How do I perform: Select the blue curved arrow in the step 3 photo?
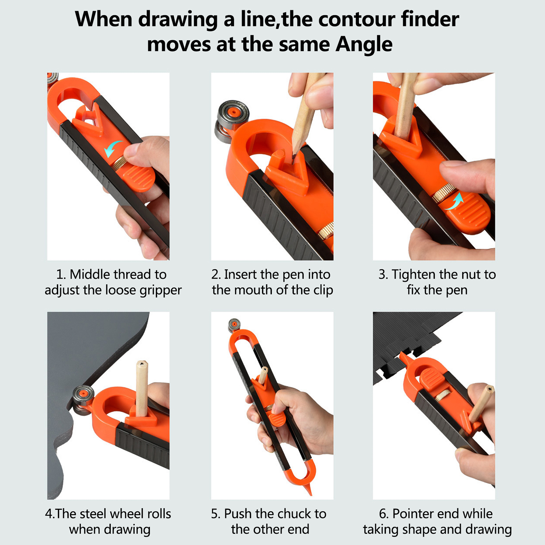point(454,201)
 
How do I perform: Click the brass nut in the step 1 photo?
point(119,163)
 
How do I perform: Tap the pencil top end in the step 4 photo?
point(141,364)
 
